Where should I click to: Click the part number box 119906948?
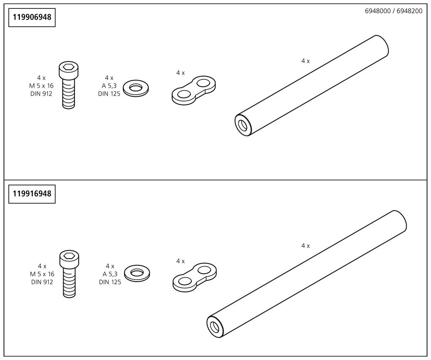(32, 18)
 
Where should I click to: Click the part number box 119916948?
(32, 194)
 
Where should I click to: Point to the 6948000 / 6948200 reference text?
(394, 11)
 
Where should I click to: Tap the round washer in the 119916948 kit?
(136, 273)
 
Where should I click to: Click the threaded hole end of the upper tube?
(243, 125)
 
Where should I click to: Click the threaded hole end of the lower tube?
(215, 326)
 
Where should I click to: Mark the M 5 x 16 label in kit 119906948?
(41, 86)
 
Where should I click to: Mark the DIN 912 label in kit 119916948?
(42, 282)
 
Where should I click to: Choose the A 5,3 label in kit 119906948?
(109, 86)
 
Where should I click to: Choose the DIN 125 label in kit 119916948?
(110, 282)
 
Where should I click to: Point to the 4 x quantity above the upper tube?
(306, 61)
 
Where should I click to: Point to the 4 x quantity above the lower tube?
(306, 245)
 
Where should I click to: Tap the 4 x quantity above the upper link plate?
(181, 73)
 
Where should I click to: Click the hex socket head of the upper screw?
(69, 68)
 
